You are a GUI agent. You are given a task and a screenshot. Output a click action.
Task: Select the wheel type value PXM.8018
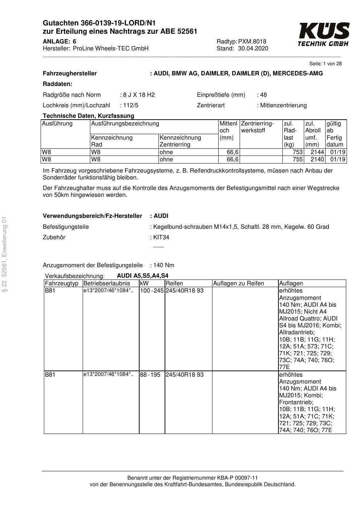252,41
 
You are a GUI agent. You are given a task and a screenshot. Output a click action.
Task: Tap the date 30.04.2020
253,49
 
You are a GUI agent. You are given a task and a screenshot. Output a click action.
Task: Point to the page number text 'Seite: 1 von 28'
325,64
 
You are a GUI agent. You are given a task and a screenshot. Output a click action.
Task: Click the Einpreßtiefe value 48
263,95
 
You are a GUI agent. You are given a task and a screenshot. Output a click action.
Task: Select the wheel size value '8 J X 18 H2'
139,95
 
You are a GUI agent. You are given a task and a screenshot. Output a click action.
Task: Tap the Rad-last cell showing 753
297,152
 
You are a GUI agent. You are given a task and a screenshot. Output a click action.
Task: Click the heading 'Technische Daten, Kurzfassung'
88,116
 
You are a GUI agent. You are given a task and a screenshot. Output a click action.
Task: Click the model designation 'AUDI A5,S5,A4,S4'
142,276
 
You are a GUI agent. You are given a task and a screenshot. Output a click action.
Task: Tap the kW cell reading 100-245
152,291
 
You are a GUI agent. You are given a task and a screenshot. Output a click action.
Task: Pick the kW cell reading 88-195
150,375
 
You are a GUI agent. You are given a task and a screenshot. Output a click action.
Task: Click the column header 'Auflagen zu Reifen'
239,284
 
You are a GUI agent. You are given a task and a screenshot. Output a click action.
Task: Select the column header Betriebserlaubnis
107,284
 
